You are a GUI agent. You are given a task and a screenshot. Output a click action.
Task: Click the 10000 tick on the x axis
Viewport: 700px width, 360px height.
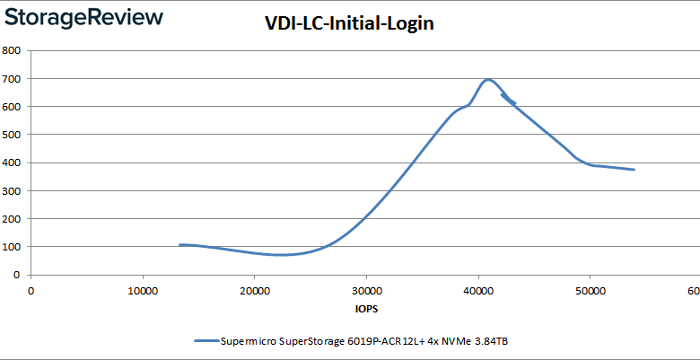pyautogui.click(x=143, y=291)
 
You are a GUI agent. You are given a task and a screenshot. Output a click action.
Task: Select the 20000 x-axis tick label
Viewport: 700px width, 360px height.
pyautogui.click(x=255, y=291)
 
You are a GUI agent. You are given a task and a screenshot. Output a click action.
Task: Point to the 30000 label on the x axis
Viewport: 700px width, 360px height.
pyautogui.click(x=366, y=291)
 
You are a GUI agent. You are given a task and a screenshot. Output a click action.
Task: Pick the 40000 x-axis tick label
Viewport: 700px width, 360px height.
pyautogui.click(x=478, y=291)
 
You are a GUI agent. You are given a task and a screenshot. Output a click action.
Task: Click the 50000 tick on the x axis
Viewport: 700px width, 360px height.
pyautogui.click(x=590, y=291)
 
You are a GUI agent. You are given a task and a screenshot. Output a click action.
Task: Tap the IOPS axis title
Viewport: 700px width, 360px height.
pyautogui.click(x=365, y=309)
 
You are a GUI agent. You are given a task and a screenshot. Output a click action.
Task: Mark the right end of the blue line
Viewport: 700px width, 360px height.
pyautogui.click(x=634, y=170)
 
